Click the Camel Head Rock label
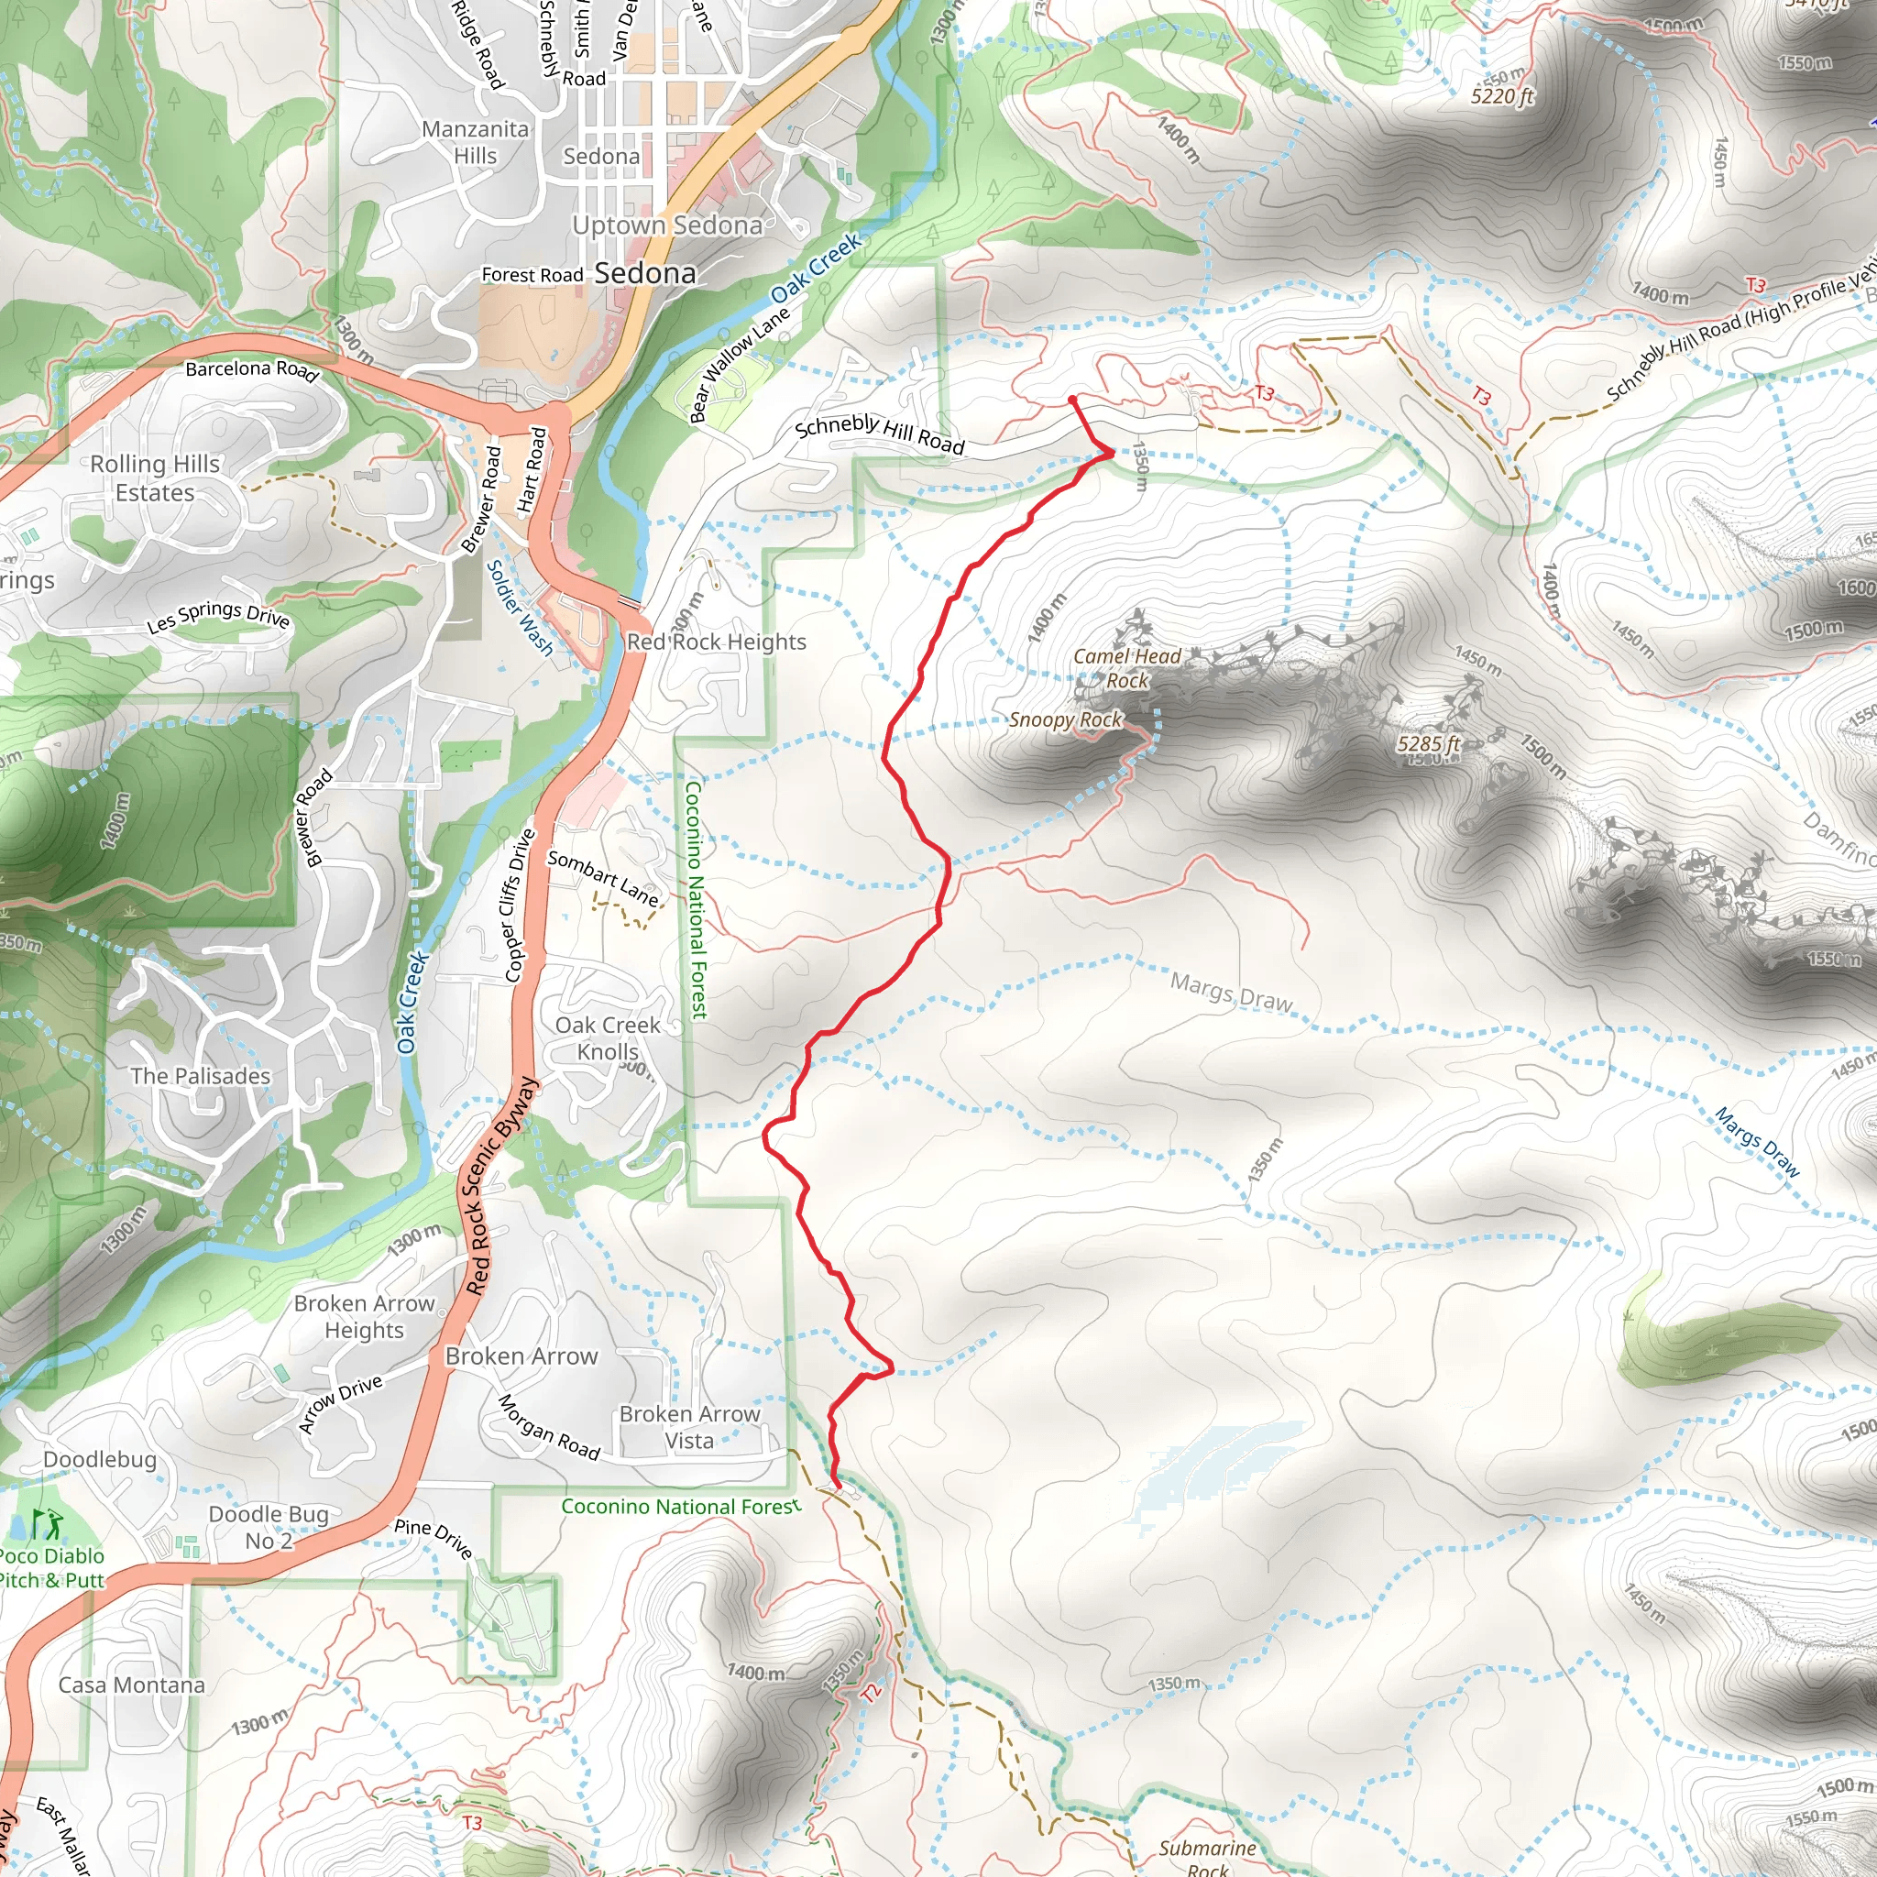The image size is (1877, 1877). pos(1127,668)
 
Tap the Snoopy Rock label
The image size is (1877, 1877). pos(1066,719)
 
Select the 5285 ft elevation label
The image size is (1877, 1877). pos(1428,744)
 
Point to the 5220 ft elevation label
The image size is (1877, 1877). pos(1502,96)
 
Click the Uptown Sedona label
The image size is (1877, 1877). pos(667,225)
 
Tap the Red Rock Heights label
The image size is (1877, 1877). pos(716,642)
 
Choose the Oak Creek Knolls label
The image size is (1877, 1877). pos(609,1038)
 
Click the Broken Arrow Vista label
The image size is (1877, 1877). pos(690,1427)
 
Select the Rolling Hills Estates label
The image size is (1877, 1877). pos(156,478)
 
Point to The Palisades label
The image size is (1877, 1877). pos(200,1077)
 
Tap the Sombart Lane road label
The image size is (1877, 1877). pos(602,877)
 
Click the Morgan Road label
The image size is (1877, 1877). pos(549,1427)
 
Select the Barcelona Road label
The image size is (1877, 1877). pos(253,370)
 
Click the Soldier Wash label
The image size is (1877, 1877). pos(519,608)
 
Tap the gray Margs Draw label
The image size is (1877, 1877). pos(1231,993)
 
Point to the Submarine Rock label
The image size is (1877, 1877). pos(1208,1857)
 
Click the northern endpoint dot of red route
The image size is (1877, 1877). pos(1071,400)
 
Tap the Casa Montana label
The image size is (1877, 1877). pos(132,1685)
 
